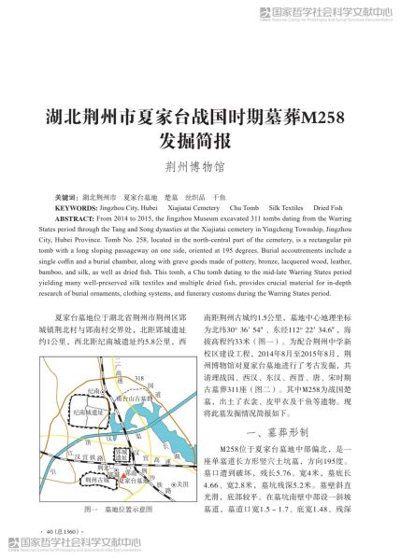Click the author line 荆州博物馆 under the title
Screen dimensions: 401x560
click(x=200, y=171)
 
